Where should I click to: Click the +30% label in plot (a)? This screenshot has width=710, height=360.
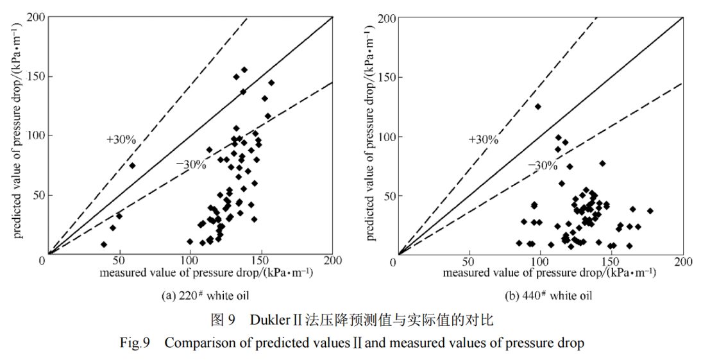121,140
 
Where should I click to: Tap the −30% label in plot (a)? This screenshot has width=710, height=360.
191,165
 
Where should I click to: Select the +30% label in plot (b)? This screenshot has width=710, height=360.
483,140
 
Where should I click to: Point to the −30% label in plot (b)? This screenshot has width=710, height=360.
542,166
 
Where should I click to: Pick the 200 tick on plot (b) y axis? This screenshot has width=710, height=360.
384,18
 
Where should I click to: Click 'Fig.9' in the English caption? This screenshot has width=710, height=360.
135,343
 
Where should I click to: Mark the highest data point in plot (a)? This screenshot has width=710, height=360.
244,70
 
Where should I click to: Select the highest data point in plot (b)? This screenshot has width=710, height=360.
538,107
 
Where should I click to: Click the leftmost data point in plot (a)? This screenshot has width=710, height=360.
104,244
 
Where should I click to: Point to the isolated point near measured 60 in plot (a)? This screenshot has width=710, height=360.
132,166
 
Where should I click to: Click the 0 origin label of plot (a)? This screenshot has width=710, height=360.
42,261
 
